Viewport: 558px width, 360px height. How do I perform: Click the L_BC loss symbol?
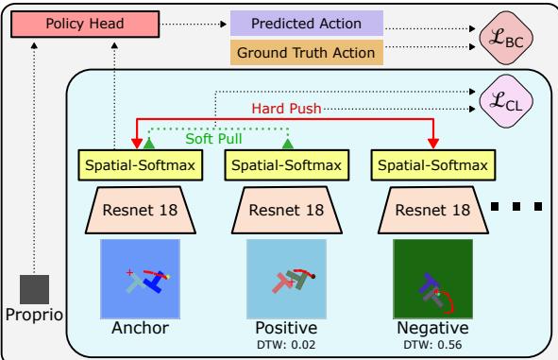tap(511, 38)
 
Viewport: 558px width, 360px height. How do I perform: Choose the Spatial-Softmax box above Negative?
tap(434, 166)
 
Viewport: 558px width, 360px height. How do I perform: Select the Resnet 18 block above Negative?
tap(434, 209)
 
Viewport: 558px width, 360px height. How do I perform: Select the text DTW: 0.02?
tap(286, 346)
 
